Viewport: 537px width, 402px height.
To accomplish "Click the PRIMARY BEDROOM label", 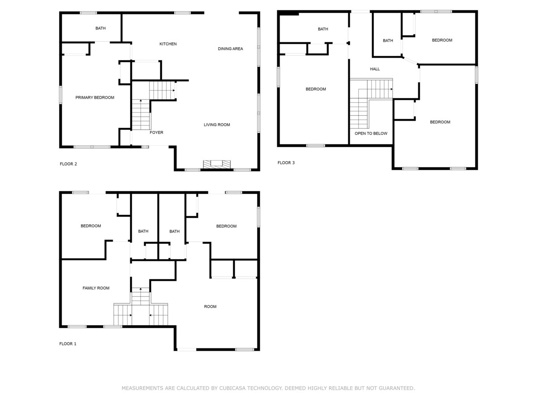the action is point(95,98).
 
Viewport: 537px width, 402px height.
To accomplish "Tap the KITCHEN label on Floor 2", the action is point(168,44).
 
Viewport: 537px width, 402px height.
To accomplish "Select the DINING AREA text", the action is point(230,49).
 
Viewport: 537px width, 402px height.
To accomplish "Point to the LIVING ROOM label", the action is point(217,125).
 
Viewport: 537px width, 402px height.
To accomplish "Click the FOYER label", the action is point(156,133).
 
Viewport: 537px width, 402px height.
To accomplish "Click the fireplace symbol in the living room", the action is point(217,164).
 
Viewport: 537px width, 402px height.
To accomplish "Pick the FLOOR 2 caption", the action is point(68,164).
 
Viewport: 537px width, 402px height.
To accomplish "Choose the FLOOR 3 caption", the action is point(286,163).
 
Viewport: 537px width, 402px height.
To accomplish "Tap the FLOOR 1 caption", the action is point(68,343).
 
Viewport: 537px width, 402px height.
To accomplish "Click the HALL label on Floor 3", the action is point(375,69).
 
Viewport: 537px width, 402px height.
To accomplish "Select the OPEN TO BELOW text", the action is point(371,134).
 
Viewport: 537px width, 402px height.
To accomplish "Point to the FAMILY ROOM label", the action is point(96,288).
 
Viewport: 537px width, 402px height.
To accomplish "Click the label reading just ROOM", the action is point(210,306).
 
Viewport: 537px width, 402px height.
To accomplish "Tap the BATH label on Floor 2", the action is point(101,28).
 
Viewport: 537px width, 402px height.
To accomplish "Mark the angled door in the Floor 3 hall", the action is point(410,61).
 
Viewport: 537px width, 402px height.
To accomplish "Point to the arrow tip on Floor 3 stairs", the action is point(392,89).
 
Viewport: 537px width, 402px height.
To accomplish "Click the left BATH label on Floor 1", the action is point(143,231).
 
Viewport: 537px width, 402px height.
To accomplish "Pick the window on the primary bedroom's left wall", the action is point(60,95).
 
